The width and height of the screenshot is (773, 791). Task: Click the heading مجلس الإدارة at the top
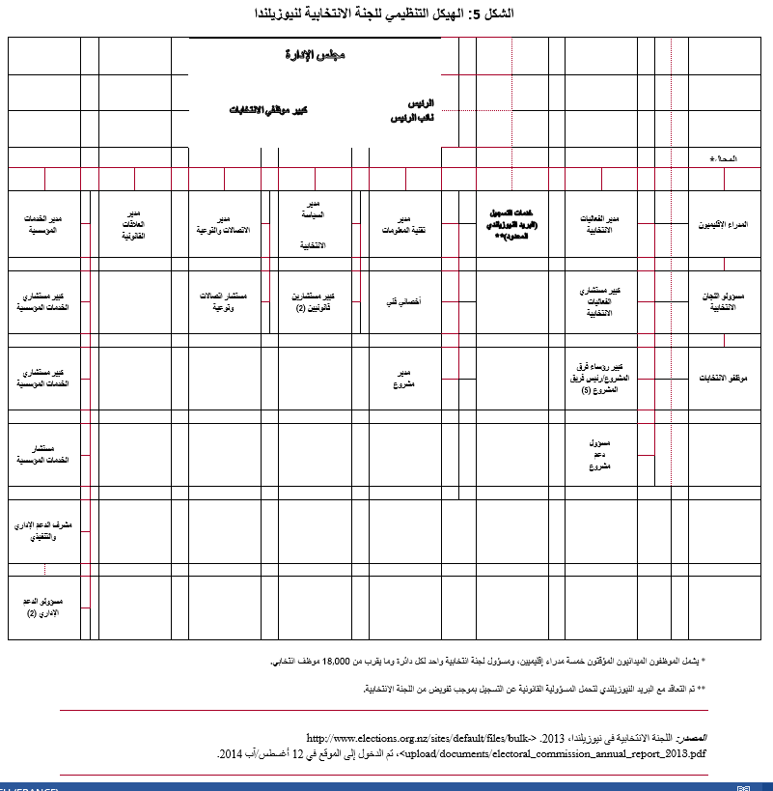tap(317, 55)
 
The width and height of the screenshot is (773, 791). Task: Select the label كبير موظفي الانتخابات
tap(262, 110)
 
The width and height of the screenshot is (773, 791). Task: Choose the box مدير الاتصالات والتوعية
tap(224, 224)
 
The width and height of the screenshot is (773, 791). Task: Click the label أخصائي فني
tap(404, 301)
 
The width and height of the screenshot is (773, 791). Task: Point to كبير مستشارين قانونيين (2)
tap(315, 301)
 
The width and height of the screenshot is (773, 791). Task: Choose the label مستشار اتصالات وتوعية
tap(224, 301)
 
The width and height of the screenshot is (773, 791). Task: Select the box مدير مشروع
tap(405, 379)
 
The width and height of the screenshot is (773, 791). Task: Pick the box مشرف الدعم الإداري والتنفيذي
tap(43, 529)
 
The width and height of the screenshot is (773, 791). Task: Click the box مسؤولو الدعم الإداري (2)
tap(43, 607)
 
